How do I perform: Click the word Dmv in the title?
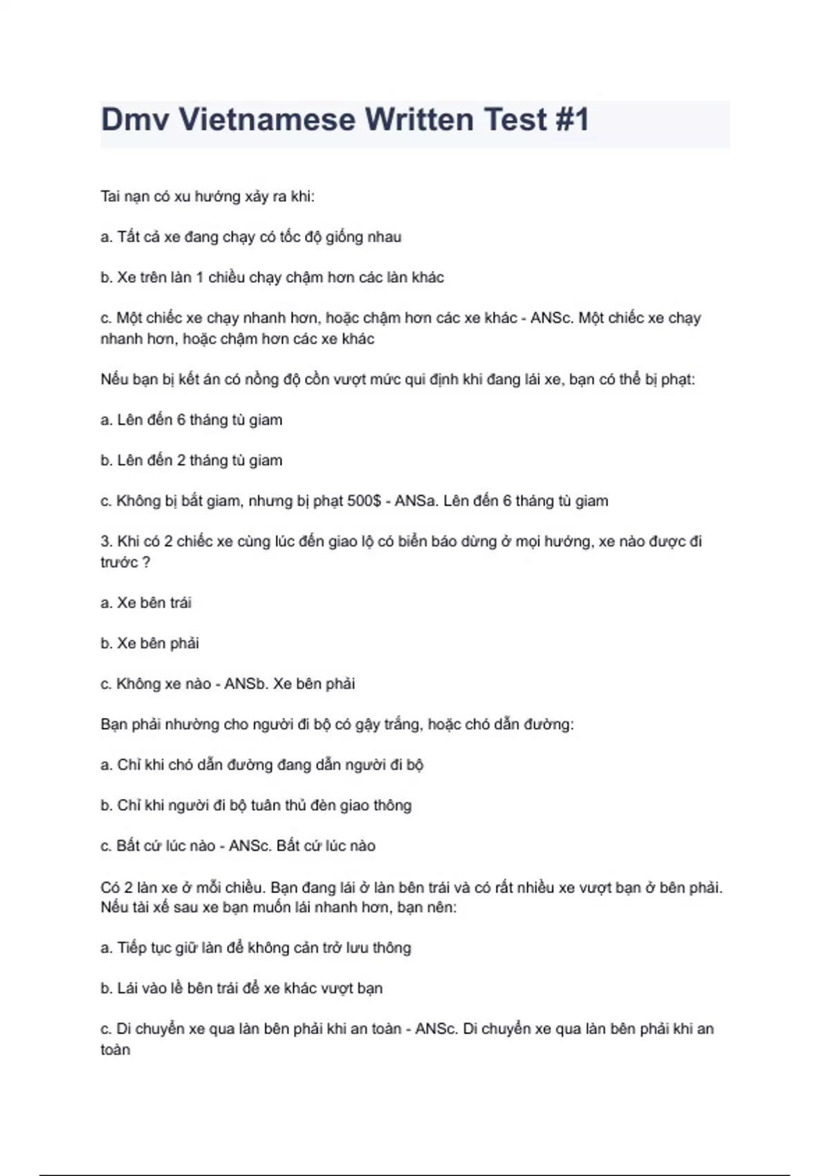pos(136,120)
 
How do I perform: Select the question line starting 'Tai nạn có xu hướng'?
pos(207,196)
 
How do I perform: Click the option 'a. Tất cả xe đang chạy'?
pos(250,237)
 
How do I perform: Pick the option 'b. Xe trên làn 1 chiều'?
pos(272,277)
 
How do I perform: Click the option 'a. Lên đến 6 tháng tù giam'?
pos(191,420)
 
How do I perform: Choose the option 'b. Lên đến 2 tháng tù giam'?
pos(191,461)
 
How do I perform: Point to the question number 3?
pos(106,542)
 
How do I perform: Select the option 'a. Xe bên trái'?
pos(146,603)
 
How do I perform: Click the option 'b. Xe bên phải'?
pos(149,643)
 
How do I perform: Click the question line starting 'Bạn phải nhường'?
pos(337,724)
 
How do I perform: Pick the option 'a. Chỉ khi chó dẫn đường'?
pos(261,765)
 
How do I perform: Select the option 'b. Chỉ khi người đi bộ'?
pos(256,805)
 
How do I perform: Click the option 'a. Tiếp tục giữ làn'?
pos(255,948)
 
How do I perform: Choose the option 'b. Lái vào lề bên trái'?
pos(241,989)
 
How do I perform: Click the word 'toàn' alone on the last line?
pos(116,1050)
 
